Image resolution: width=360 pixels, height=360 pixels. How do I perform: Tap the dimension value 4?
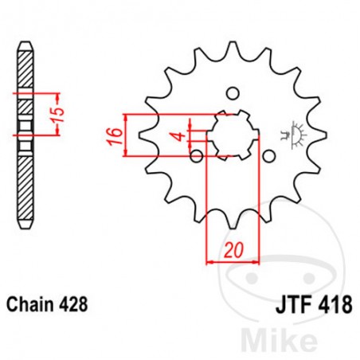(181, 136)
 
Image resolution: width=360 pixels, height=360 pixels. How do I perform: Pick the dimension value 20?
(234, 249)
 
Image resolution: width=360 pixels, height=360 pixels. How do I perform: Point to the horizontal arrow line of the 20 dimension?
(233, 260)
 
